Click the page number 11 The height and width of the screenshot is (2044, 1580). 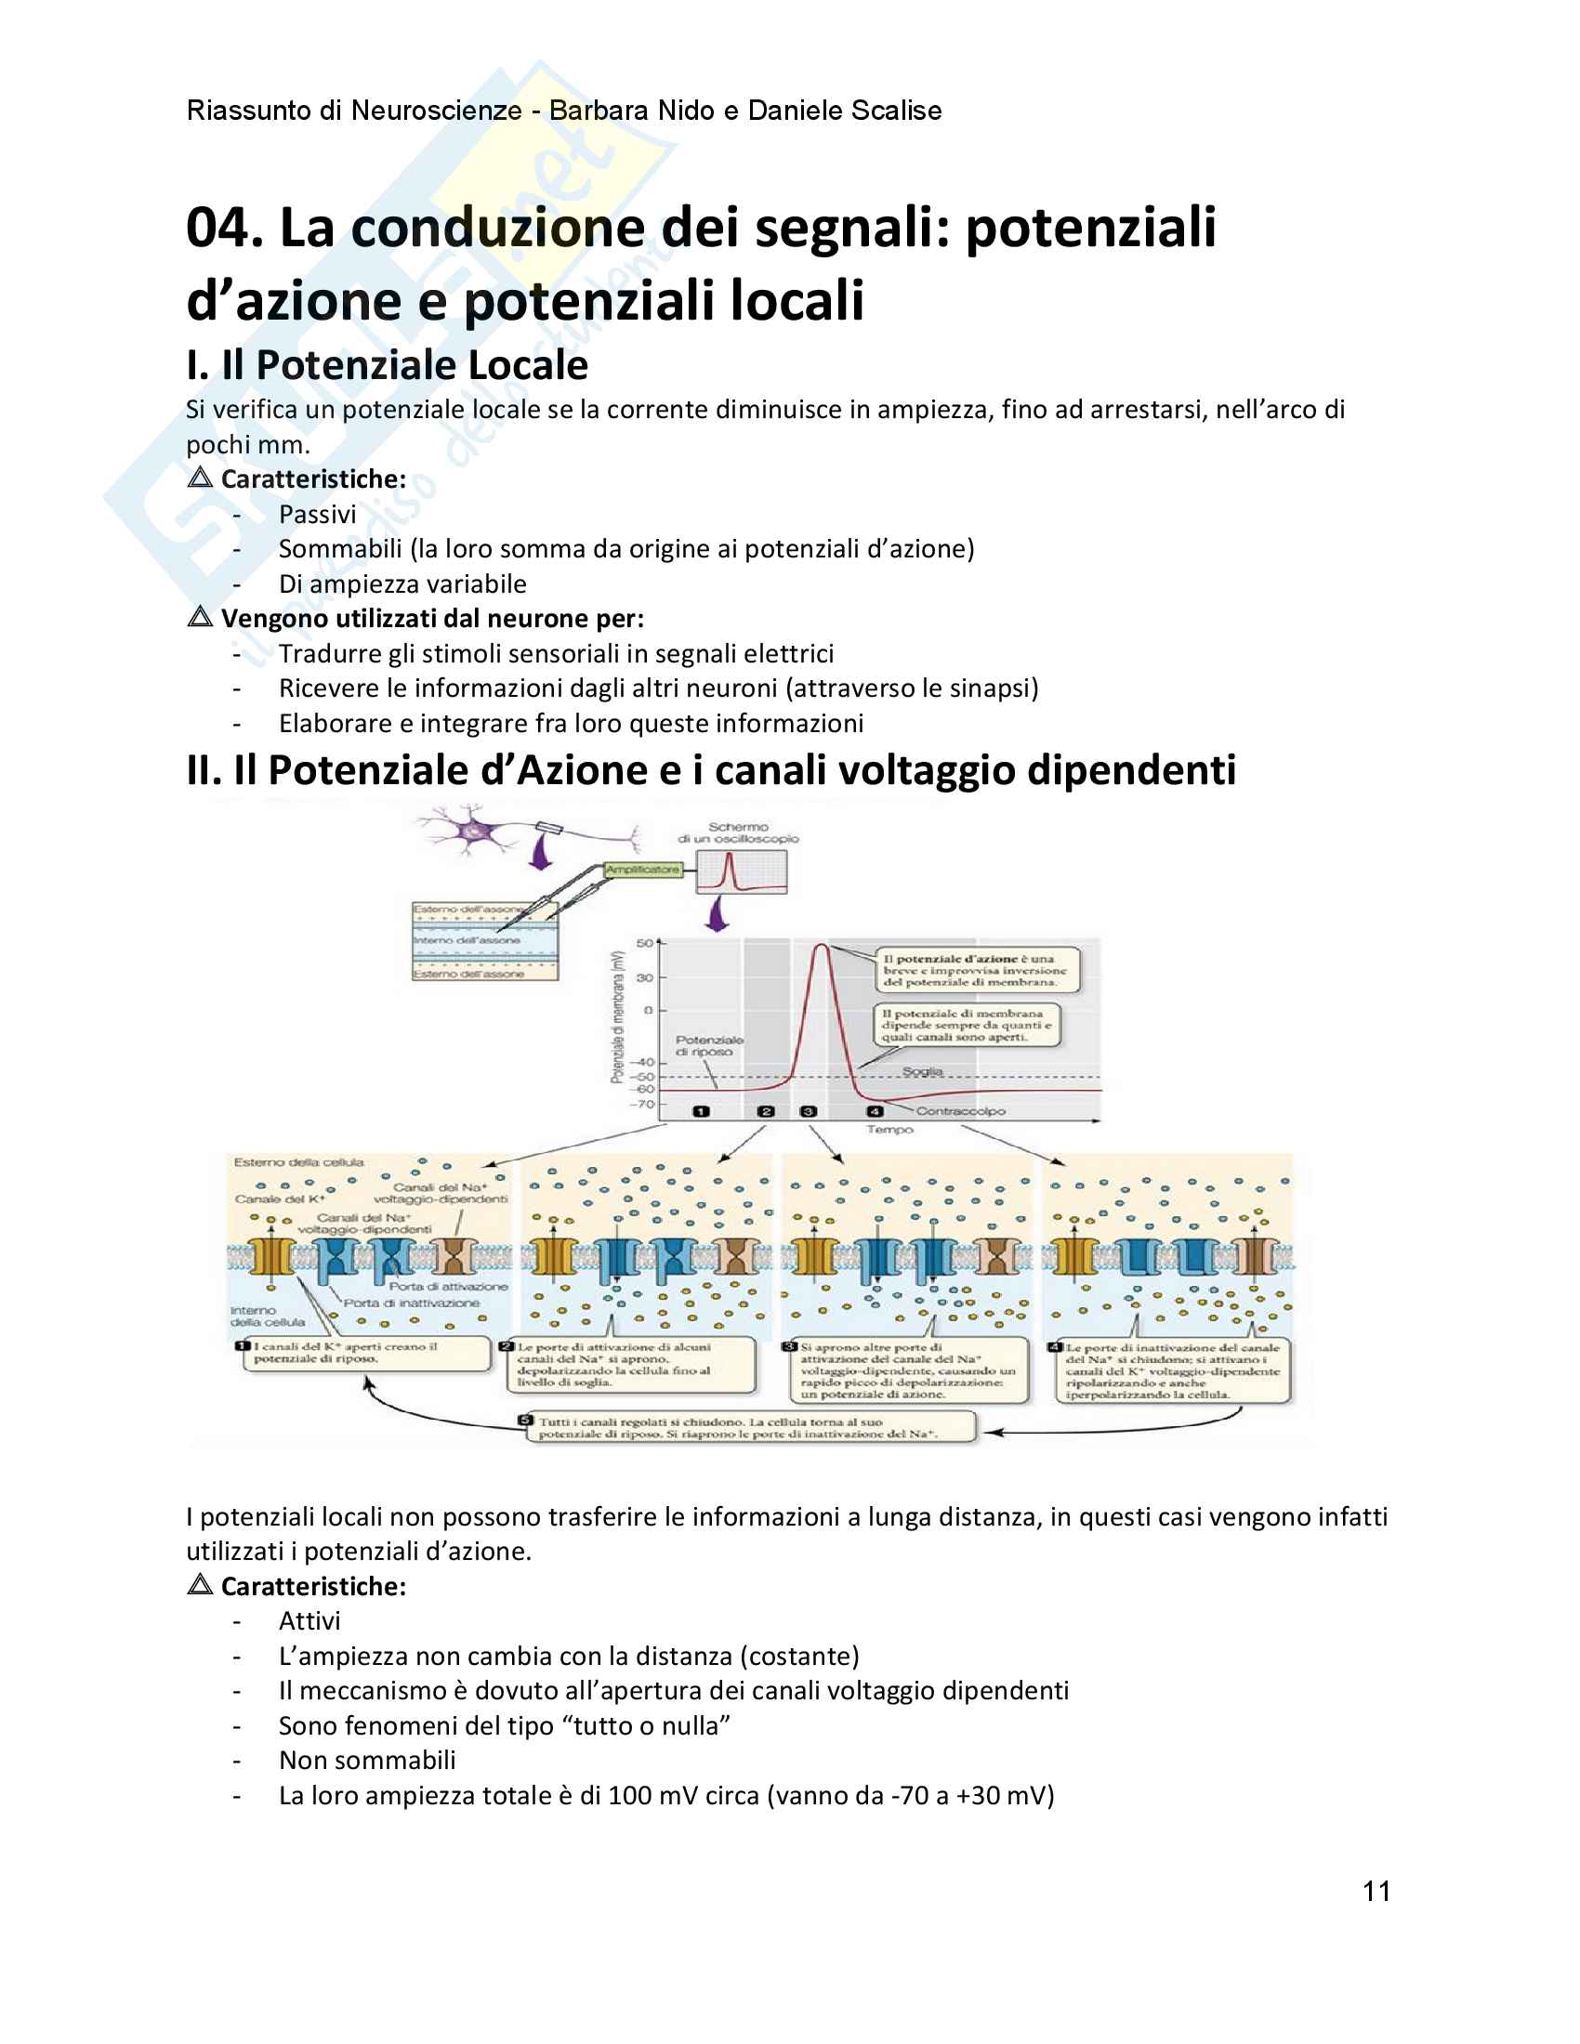1376,1892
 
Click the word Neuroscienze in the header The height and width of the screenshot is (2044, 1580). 436,111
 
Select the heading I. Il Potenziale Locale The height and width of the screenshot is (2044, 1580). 387,365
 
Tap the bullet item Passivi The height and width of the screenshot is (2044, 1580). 317,514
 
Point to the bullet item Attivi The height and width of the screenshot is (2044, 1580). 309,1621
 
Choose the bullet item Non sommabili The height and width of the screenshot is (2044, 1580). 367,1761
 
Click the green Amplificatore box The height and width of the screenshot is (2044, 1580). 642,870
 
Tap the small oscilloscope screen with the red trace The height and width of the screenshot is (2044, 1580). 742,871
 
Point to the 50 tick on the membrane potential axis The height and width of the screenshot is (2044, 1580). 645,942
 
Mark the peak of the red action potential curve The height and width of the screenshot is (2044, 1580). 820,945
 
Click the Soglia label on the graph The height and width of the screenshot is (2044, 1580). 922,1070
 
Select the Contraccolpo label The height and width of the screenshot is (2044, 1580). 960,1111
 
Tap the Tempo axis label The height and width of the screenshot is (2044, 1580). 889,1130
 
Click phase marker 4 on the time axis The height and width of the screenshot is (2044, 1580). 875,1111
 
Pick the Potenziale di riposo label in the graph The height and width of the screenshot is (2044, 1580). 708,1045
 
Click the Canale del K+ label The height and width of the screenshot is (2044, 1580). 280,1199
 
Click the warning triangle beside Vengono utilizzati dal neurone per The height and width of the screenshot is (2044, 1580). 200,617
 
